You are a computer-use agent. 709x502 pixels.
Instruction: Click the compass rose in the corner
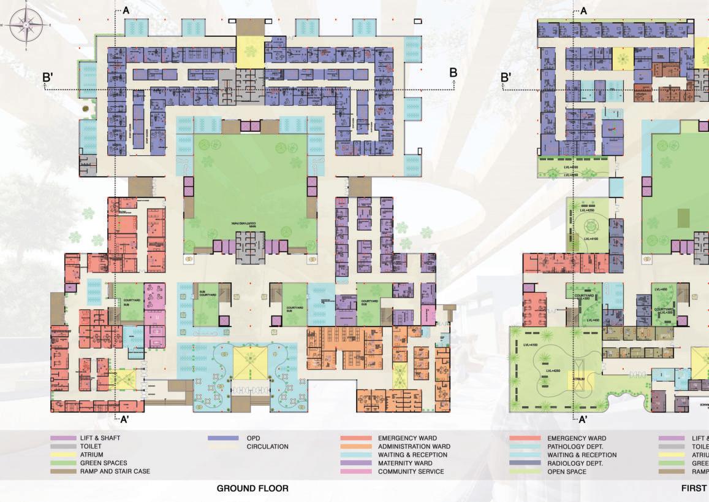pos(26,25)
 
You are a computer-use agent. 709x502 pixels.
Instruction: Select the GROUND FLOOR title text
pos(252,488)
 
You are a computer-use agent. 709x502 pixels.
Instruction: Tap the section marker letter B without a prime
pos(453,73)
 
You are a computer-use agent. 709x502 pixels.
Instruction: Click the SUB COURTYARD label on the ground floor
pos(206,294)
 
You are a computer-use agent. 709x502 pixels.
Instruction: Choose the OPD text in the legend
pos(253,438)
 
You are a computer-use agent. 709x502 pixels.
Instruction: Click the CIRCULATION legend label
pos(267,447)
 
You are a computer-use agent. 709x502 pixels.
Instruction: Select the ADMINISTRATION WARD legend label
pos(414,447)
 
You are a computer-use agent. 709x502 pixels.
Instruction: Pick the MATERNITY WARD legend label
pos(405,463)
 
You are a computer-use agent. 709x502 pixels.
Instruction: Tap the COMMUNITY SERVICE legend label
pos(411,472)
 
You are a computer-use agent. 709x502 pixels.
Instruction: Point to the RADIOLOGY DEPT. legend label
pos(575,463)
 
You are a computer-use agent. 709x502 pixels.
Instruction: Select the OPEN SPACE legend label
pos(567,472)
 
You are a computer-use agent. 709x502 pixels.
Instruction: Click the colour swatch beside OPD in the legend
pos(223,438)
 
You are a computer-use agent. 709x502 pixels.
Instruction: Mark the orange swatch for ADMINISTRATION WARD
pos(355,447)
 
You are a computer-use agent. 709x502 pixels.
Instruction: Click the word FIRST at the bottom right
pos(695,488)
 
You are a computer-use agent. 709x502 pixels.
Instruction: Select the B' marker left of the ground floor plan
pos(48,77)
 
